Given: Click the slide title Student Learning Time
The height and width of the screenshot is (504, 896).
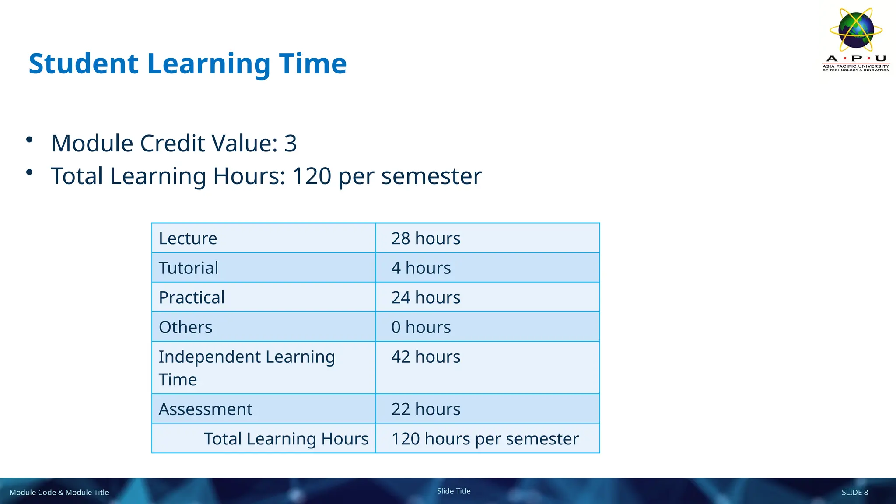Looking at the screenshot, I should pyautogui.click(x=188, y=64).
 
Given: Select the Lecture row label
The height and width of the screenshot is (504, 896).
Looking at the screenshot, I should pyautogui.click(x=188, y=238).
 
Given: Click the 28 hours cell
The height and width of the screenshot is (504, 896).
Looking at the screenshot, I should pyautogui.click(x=426, y=238).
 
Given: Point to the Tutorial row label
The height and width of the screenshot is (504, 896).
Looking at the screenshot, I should pyautogui.click(x=188, y=268).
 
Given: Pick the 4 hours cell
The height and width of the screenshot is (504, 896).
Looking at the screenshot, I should pyautogui.click(x=421, y=268).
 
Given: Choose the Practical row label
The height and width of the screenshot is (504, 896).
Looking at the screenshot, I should pyautogui.click(x=192, y=297).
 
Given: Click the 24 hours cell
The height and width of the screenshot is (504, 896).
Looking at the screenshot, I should pyautogui.click(x=426, y=297).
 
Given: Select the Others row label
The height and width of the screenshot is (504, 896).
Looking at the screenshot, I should pyautogui.click(x=185, y=327).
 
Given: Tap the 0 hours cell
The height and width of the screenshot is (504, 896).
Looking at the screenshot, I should pyautogui.click(x=421, y=327).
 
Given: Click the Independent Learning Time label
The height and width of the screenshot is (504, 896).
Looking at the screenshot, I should pyautogui.click(x=246, y=368).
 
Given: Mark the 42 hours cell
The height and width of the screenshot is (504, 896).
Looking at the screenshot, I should pyautogui.click(x=426, y=357).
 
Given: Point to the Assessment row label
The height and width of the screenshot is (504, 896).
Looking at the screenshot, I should pyautogui.click(x=205, y=409).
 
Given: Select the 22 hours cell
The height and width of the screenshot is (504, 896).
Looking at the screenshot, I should pyautogui.click(x=426, y=409).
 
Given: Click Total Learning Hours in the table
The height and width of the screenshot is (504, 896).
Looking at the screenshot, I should pyautogui.click(x=286, y=439).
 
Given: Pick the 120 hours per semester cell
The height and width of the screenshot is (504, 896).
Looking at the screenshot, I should pyautogui.click(x=485, y=439).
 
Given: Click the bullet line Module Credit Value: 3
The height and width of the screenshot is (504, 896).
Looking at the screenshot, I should pyautogui.click(x=174, y=143).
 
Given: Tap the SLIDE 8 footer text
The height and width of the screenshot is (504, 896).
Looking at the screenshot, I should pyautogui.click(x=854, y=493).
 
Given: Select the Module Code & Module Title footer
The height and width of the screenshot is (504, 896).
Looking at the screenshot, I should pyautogui.click(x=59, y=493).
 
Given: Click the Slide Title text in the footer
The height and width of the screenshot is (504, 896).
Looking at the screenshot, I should pyautogui.click(x=454, y=491).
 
